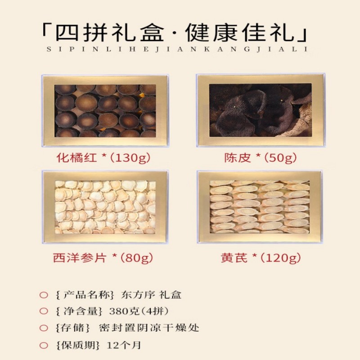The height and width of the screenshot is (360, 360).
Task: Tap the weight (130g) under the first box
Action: pyautogui.click(x=130, y=158)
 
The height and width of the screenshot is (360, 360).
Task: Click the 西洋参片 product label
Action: pyautogui.click(x=80, y=258)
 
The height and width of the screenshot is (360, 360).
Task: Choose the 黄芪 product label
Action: pyautogui.click(x=234, y=258)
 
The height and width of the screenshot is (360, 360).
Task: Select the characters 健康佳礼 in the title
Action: pyautogui.click(x=240, y=33)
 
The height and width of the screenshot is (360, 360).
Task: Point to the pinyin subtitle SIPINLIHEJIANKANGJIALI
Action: pyautogui.click(x=177, y=49)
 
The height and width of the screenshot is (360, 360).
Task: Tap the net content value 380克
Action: pyautogui.click(x=125, y=311)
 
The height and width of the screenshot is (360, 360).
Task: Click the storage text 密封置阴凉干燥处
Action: pyautogui.click(x=149, y=328)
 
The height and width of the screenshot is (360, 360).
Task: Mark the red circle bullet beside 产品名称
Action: pyautogui.click(x=44, y=295)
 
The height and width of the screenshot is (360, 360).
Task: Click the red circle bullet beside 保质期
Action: pyautogui.click(x=44, y=345)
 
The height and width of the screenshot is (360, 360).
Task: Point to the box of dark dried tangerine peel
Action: pyautogui.click(x=261, y=110)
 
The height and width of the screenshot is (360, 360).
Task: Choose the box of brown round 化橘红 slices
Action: pyautogui.click(x=105, y=111)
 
